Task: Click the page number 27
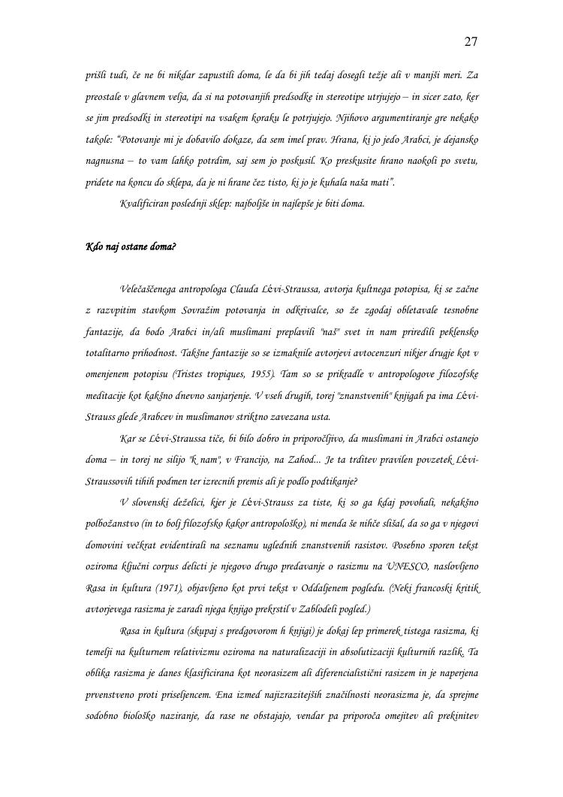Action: pyautogui.click(x=471, y=41)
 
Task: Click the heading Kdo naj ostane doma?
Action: pyautogui.click(x=131, y=246)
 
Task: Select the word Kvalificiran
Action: pyautogui.click(x=144, y=203)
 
